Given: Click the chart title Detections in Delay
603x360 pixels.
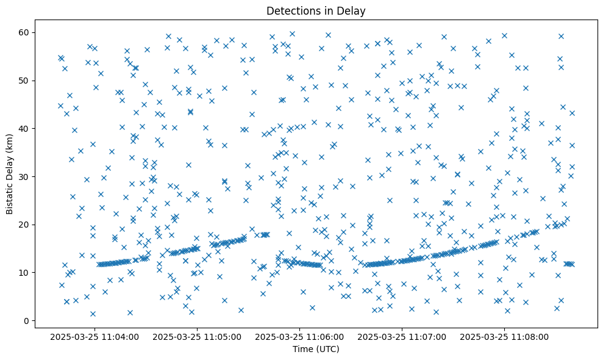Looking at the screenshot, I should pyautogui.click(x=316, y=10).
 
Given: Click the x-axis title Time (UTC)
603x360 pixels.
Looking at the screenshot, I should pyautogui.click(x=316, y=349).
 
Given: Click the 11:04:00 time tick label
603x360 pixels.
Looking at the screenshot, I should pyautogui.click(x=95, y=336).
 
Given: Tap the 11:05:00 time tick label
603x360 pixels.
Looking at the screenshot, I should pyautogui.click(x=197, y=336).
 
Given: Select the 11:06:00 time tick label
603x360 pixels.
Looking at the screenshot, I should pyautogui.click(x=299, y=336).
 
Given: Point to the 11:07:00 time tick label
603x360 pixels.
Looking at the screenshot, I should pyautogui.click(x=402, y=336).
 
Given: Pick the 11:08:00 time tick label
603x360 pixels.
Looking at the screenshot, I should pyautogui.click(x=504, y=336).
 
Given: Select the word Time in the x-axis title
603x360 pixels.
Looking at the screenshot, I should pyautogui.click(x=304, y=349).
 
